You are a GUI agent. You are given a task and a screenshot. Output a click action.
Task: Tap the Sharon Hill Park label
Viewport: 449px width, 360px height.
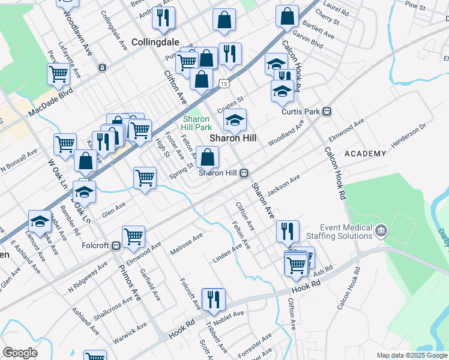(196, 123)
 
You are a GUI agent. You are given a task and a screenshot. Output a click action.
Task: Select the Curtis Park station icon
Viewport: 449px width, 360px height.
(328, 111)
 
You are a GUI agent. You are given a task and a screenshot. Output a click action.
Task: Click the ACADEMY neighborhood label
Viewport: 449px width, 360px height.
(365, 154)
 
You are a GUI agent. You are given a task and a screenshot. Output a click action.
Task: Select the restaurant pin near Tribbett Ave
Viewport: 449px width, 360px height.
(213, 299)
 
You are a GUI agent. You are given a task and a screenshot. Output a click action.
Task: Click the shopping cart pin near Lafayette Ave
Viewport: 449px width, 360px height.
(59, 74)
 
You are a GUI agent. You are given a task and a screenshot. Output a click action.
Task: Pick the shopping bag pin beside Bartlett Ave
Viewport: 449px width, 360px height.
(288, 16)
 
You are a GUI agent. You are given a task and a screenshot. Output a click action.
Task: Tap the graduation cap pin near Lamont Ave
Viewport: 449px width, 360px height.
(40, 221)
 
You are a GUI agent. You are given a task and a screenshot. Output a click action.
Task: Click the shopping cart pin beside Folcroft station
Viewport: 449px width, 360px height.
(133, 236)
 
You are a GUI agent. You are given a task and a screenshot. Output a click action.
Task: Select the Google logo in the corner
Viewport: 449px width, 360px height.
(20, 353)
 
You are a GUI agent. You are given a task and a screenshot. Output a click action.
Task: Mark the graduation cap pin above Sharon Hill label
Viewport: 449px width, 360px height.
(235, 119)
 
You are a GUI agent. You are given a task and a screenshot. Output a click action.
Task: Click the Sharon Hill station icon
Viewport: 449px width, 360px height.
(244, 173)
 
